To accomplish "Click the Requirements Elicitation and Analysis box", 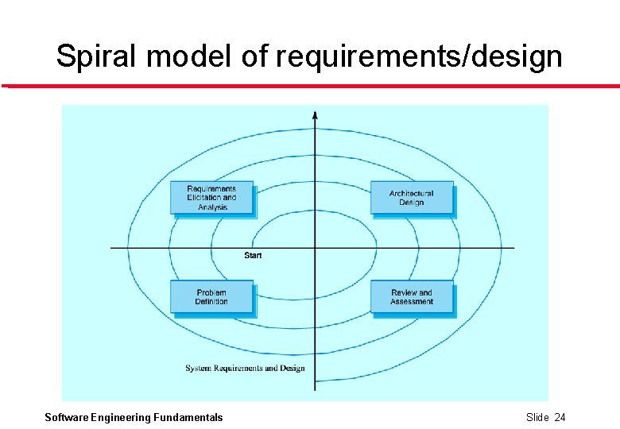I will [211, 198].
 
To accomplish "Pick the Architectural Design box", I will [412, 198].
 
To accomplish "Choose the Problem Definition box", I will [211, 297].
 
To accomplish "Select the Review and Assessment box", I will [412, 297].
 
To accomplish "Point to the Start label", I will [253, 255].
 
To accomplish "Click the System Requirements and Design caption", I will [245, 369].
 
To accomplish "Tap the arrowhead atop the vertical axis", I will [316, 115].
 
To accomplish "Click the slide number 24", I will [560, 418].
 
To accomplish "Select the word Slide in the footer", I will [537, 418].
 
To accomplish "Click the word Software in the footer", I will [67, 418].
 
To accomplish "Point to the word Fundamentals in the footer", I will [188, 418].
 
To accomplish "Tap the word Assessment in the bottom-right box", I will [412, 302].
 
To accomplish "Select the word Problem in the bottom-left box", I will [211, 292].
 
